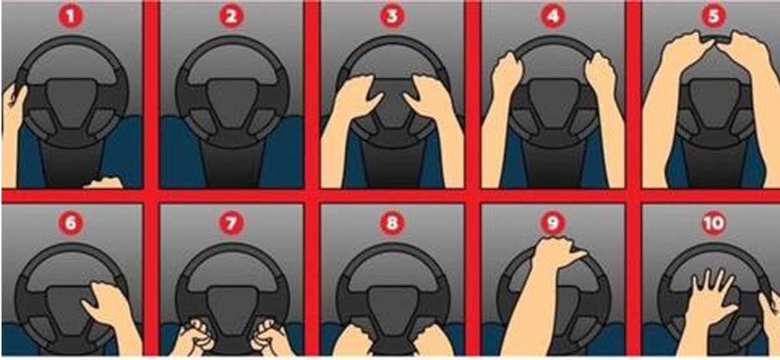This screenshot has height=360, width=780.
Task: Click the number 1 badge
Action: [x=71, y=16]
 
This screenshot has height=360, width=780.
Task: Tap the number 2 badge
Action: [x=231, y=16]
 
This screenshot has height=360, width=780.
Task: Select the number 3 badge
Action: [x=393, y=16]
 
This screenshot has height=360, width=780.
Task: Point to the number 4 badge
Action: [x=553, y=16]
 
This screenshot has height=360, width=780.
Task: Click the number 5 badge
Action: [x=714, y=16]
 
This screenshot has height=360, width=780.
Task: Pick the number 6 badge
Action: [x=71, y=223]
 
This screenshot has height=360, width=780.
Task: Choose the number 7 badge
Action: [x=231, y=223]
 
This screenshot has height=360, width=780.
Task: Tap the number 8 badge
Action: [x=393, y=223]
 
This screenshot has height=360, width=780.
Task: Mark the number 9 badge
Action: [x=553, y=223]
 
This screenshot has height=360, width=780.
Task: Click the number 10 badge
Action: [x=714, y=223]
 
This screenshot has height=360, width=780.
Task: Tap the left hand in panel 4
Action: [x=507, y=75]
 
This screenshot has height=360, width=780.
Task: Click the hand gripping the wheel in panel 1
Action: [x=14, y=101]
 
